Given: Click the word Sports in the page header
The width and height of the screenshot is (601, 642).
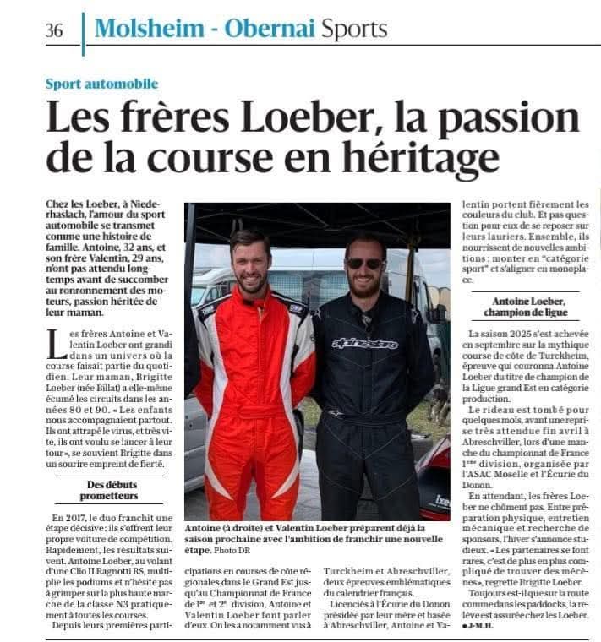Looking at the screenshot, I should click(x=353, y=29).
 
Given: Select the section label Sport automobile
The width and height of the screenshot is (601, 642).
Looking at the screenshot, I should click(x=102, y=84).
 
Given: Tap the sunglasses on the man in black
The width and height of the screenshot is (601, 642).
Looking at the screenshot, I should click(x=363, y=264).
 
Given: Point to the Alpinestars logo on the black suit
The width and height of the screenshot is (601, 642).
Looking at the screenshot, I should click(x=364, y=343).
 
